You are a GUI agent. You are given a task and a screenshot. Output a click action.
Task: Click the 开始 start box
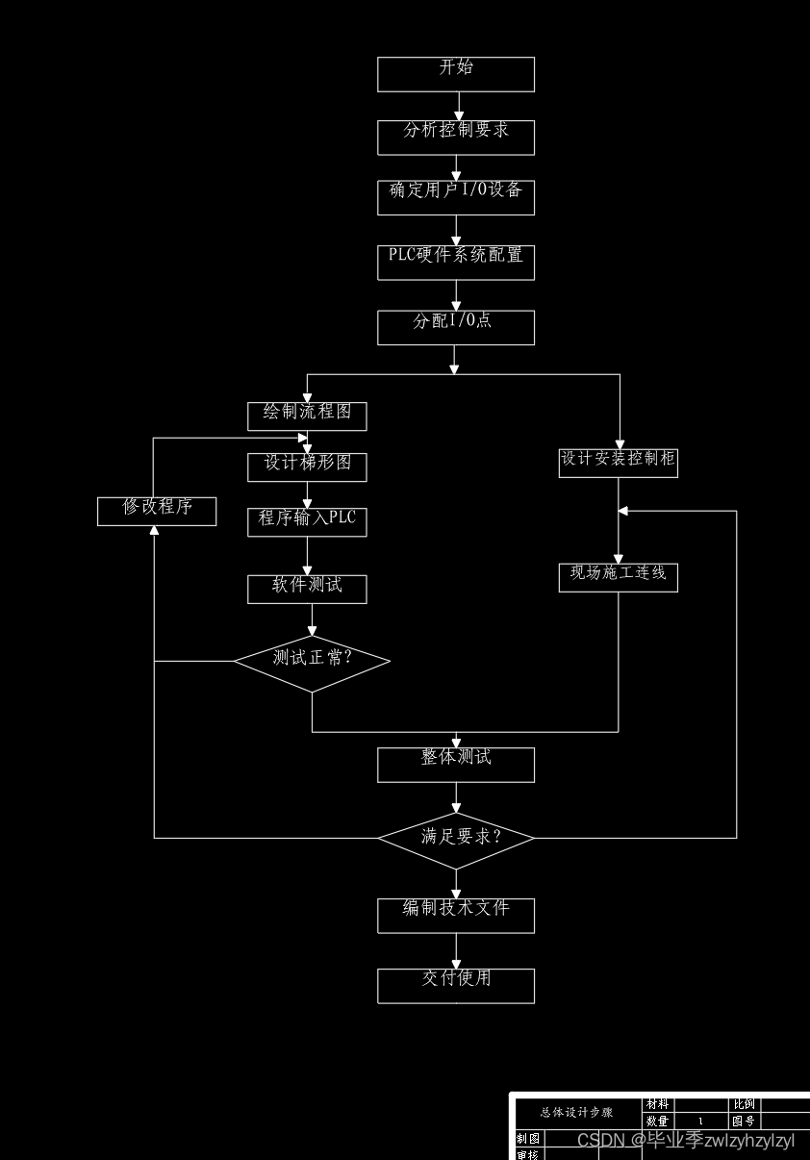point(456,74)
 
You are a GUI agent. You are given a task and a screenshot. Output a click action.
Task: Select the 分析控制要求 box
point(456,138)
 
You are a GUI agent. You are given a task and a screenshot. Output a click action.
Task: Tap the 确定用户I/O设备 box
point(456,197)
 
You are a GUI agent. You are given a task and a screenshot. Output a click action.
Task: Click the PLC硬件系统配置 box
point(456,263)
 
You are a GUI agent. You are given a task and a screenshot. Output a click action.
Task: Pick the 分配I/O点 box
point(456,327)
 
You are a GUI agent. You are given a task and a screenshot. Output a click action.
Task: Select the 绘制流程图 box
point(307,416)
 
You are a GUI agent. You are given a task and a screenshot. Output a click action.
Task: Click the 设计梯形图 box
point(307,467)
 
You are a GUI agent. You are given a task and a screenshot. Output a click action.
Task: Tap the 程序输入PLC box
point(307,522)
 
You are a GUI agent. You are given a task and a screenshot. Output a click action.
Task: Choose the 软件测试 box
point(307,589)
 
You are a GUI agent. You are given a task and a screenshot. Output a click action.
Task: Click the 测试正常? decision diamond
point(312,662)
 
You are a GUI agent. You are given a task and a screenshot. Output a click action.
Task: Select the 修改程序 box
point(157,511)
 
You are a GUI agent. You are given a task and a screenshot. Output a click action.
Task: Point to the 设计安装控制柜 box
point(619,463)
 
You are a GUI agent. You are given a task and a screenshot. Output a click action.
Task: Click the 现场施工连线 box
point(619,577)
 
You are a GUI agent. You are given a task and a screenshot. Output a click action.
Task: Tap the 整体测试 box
point(456,765)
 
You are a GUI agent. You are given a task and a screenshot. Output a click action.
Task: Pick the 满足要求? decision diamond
point(456,838)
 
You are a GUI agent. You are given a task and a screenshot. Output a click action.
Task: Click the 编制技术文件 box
point(456,915)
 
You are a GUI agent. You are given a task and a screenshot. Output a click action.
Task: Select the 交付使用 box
point(456,986)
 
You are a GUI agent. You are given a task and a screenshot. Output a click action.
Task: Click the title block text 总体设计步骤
point(576,1112)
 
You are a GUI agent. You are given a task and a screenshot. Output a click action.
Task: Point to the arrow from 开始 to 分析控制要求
point(459,106)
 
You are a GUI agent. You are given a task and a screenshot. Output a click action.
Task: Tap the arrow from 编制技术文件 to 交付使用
point(456,951)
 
